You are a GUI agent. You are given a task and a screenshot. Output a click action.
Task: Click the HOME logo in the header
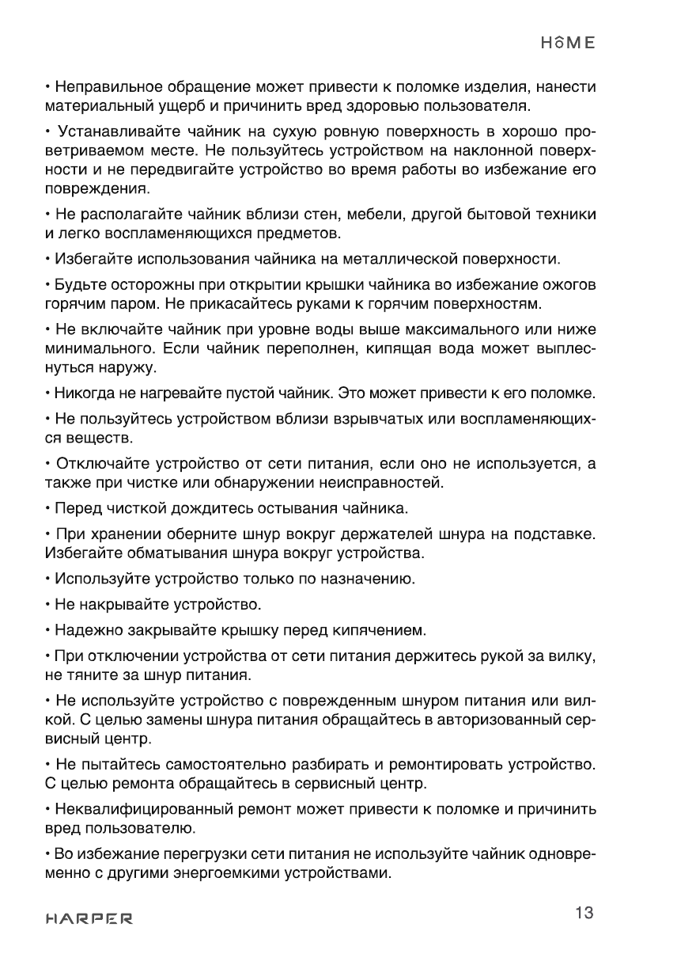pyautogui.click(x=567, y=44)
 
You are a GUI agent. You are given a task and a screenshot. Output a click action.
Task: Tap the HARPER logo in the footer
pyautogui.click(x=89, y=920)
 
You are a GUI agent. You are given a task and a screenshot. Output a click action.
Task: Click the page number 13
pyautogui.click(x=584, y=913)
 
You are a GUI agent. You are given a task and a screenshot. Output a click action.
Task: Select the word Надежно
pyautogui.click(x=81, y=631)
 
